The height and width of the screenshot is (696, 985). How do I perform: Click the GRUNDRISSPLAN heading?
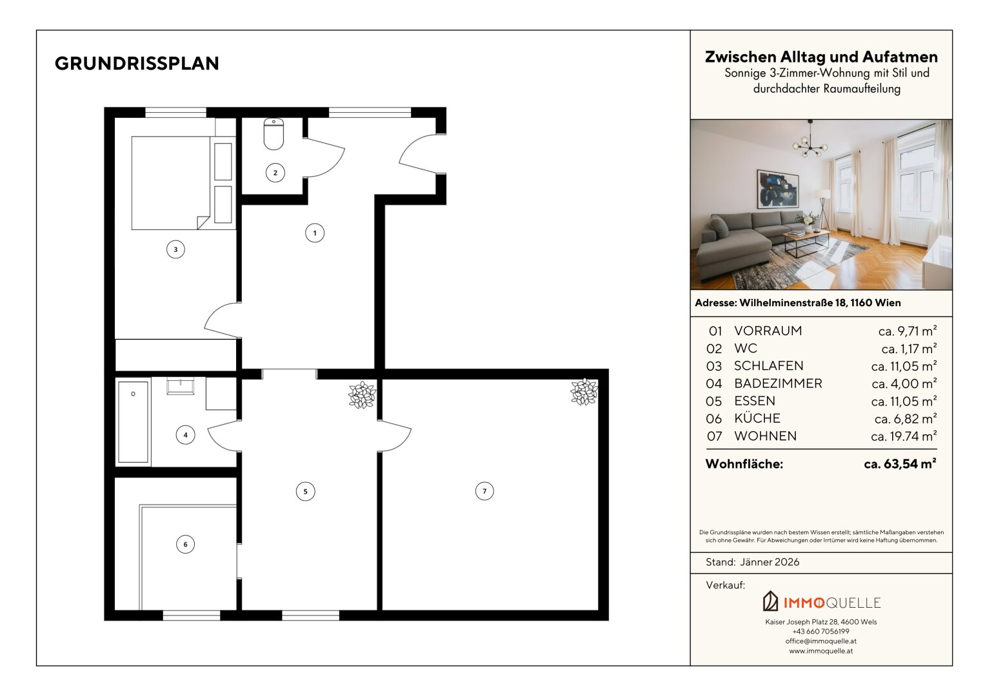point(137,63)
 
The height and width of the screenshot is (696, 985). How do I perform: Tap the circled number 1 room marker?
point(315,233)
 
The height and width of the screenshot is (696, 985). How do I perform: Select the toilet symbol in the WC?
point(274,133)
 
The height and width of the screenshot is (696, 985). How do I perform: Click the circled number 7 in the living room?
point(484,491)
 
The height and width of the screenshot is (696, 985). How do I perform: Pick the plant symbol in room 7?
point(584,392)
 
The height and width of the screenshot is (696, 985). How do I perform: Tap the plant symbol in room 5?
point(362,395)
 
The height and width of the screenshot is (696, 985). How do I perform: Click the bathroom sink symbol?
point(180,385)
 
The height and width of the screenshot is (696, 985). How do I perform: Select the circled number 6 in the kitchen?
point(185,545)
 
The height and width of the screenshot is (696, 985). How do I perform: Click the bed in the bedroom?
point(171,183)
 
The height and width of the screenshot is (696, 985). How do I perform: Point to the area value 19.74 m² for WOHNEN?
point(904,436)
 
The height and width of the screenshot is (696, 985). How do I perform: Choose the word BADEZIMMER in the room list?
point(778,383)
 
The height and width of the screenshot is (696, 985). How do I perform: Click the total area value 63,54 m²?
point(900,464)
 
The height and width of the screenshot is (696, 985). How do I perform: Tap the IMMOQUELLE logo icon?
point(770,601)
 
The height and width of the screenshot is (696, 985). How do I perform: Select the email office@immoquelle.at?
point(821,641)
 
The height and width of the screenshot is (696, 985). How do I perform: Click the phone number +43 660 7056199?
point(821,632)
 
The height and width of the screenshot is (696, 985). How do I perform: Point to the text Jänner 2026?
point(770,562)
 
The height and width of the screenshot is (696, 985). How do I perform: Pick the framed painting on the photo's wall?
point(777,189)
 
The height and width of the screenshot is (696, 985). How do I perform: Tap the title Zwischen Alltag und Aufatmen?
point(821,57)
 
